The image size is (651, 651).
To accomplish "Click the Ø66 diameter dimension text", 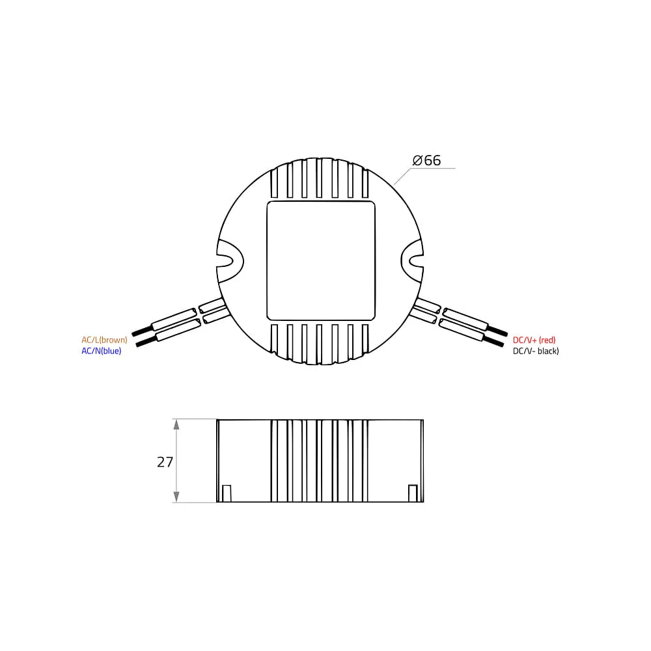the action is [426, 160].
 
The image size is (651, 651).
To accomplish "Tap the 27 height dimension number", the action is [165, 462].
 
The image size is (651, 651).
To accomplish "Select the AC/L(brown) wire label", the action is [104, 340].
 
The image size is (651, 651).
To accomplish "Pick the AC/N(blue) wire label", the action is [102, 352].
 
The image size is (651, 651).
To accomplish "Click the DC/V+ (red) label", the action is [534, 340].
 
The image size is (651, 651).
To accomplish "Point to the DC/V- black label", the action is [536, 352].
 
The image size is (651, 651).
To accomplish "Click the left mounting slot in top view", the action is [230, 261].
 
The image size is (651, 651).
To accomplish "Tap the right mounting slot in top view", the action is [412, 261].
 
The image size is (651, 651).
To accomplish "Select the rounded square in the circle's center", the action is [321, 261].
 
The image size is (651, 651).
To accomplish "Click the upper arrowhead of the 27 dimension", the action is [176, 424].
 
